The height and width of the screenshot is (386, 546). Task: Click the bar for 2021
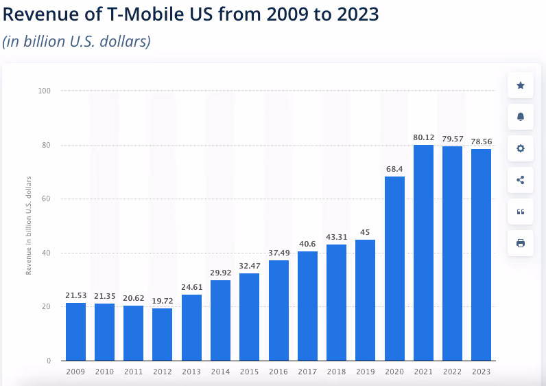(423, 252)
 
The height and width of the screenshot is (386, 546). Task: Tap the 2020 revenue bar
(394, 268)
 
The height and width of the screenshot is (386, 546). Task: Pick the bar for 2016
(278, 310)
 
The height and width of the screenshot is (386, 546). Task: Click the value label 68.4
(394, 168)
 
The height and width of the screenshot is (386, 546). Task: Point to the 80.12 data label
(423, 137)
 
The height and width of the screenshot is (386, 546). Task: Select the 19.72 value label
(163, 300)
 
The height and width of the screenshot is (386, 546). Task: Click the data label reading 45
(366, 231)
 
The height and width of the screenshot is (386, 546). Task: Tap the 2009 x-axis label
(75, 372)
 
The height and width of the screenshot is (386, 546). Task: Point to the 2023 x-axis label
(482, 372)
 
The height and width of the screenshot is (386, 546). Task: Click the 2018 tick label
(337, 372)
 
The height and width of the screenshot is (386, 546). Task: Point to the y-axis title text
(29, 225)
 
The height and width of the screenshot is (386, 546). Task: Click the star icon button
(521, 85)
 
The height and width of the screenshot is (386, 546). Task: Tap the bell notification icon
(521, 117)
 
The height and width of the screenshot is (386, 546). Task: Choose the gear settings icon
(521, 148)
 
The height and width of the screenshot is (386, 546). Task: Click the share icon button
(521, 180)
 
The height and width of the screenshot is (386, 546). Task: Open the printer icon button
(521, 243)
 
